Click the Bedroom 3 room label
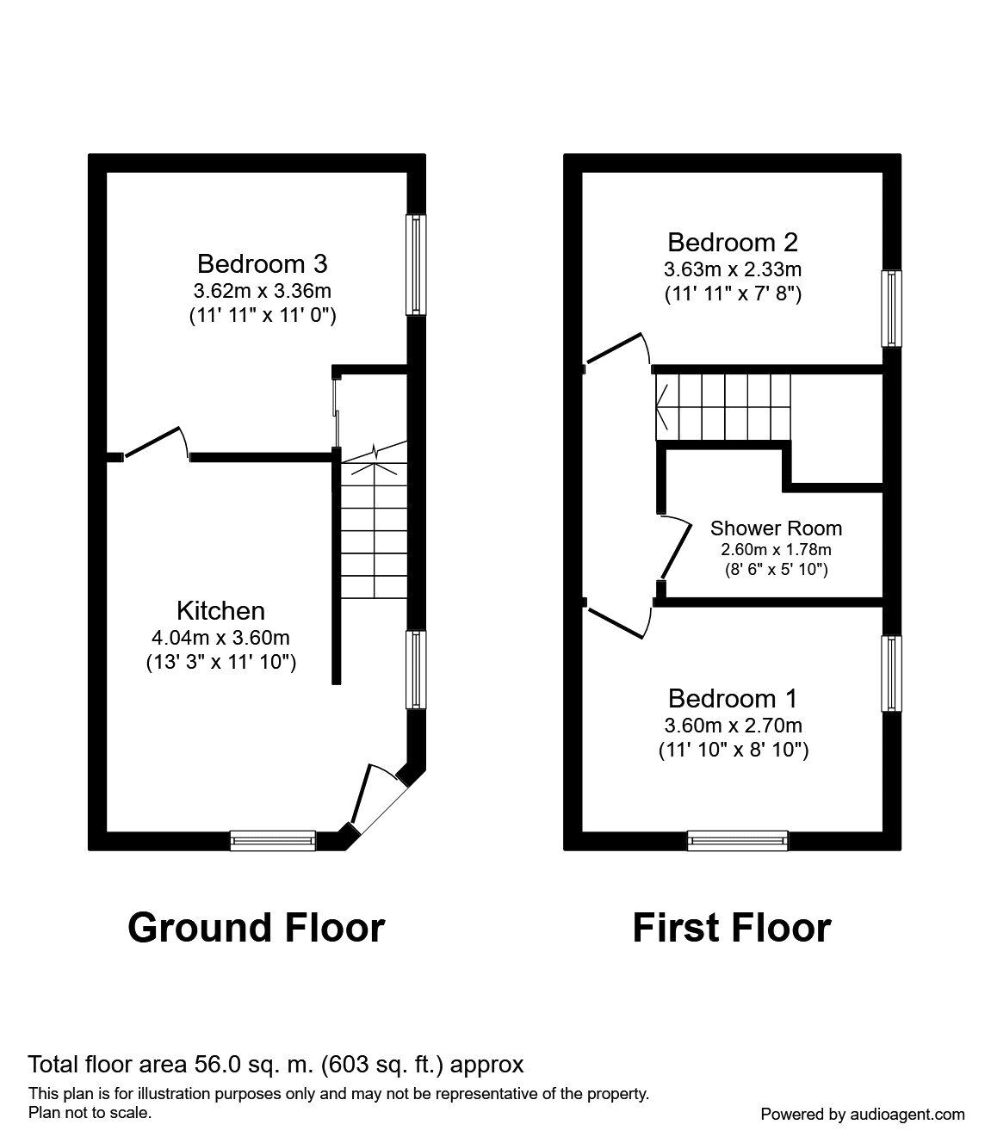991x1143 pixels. coord(262,263)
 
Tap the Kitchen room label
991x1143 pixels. coord(220,611)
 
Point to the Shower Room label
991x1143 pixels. coord(776,528)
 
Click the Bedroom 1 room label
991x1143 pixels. coord(733,698)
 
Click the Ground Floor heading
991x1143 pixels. coord(256,928)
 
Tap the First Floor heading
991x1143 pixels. coord(731,928)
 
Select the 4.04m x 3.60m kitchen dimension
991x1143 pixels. coord(220,638)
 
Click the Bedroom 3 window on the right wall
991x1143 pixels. coord(416,264)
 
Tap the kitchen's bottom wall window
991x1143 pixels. coord(272,839)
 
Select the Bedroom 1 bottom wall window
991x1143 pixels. coord(737,839)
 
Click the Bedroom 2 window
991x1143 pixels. coord(891,308)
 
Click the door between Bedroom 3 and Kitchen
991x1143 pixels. coord(156,443)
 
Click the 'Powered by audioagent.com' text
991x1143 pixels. coord(862,1114)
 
